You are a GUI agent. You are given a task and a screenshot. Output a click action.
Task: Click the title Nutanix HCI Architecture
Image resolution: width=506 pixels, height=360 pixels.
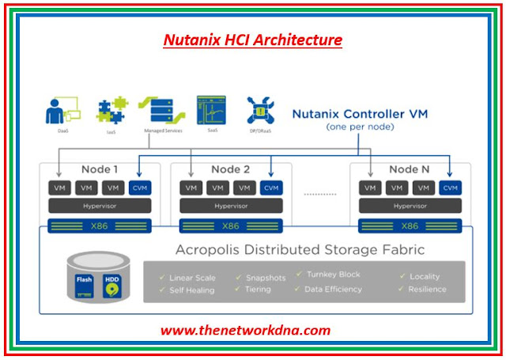pyautogui.click(x=252, y=38)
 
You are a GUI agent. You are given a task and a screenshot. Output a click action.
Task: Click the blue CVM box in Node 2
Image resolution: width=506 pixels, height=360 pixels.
pyautogui.click(x=270, y=188)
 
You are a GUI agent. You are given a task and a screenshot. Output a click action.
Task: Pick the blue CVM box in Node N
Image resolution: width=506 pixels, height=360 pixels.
pyautogui.click(x=450, y=188)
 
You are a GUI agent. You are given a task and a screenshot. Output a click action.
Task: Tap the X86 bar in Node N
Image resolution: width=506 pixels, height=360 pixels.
pyautogui.click(x=410, y=225)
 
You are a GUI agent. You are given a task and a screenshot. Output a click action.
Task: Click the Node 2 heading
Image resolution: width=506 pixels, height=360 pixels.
pyautogui.click(x=230, y=169)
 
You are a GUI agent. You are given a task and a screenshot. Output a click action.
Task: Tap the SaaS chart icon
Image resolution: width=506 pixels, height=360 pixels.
pyautogui.click(x=211, y=111)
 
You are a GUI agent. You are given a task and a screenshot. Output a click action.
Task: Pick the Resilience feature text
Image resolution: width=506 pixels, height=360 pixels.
pyautogui.click(x=428, y=290)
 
